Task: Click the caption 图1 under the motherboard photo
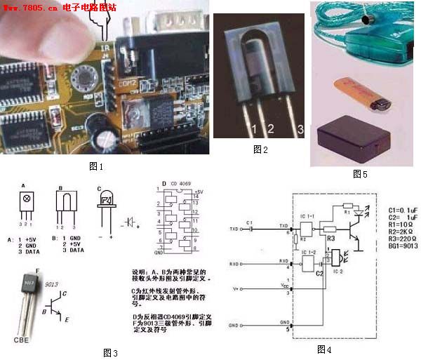pyautogui.click(x=96, y=166)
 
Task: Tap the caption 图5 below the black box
pyautogui.click(x=359, y=173)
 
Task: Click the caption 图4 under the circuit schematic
pyautogui.click(x=323, y=348)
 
